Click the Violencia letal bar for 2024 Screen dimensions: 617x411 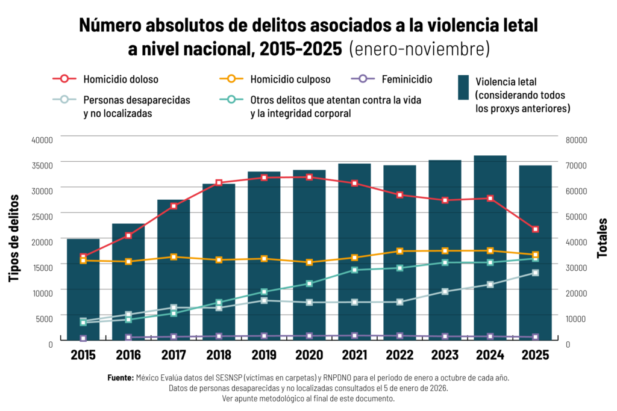pos(490,247)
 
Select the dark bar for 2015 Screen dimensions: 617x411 pos(83,289)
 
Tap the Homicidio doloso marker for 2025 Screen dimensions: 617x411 pos(535,229)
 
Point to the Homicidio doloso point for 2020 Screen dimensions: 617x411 pos(309,177)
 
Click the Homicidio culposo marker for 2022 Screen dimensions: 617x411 pos(400,251)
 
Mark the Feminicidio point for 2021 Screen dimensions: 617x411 pos(354,336)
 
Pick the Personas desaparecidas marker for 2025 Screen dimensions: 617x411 pos(535,273)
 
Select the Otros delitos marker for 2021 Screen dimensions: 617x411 pos(354,270)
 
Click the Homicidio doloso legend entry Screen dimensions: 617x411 pos(105,79)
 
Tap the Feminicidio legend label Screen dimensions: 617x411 pos(407,79)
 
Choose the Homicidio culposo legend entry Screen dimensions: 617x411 pos(275,79)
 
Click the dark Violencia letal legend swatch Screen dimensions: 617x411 pos(463,87)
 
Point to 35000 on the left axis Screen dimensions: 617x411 pos(42,165)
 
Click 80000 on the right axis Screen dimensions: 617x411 pos(576,140)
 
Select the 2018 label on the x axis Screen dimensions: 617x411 pos(219,355)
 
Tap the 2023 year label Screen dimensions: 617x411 pos(445,355)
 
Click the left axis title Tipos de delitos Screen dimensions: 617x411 pos(14,238)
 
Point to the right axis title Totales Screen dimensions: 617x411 pos(602,238)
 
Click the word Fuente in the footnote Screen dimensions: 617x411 pos(121,377)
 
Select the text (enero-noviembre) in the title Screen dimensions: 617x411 pos(419,49)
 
